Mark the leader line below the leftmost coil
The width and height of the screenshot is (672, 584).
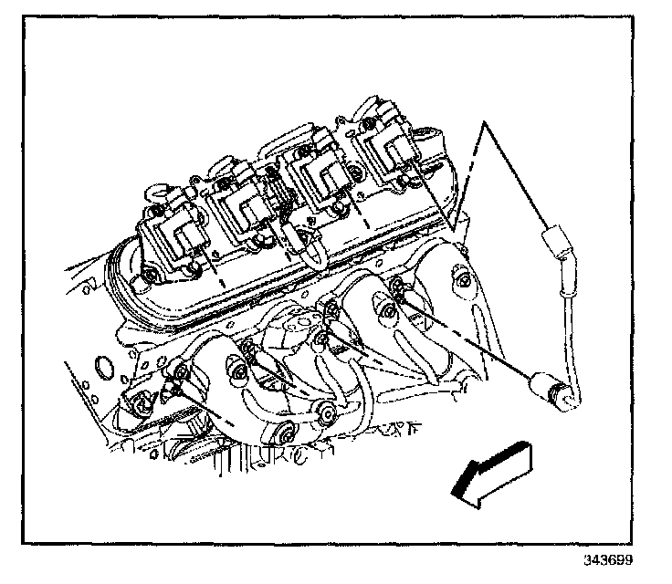coord(213,265)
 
